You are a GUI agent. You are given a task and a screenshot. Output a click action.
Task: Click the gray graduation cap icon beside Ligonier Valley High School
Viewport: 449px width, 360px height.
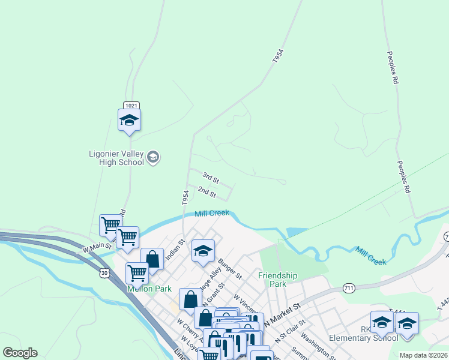153,158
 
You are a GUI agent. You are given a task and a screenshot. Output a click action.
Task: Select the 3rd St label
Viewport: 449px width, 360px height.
211,178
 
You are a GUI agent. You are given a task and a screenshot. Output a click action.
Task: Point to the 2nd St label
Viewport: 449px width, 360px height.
206,193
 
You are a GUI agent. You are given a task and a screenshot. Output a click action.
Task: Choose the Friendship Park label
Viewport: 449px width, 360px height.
278,280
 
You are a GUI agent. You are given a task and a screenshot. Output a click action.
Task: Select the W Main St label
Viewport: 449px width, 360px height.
97,246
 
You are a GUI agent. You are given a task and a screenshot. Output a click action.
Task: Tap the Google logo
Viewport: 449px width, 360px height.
20,353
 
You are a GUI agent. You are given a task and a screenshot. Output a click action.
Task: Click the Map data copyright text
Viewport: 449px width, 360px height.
423,355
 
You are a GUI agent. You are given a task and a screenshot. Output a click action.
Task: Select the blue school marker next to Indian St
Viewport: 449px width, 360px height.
203,251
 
